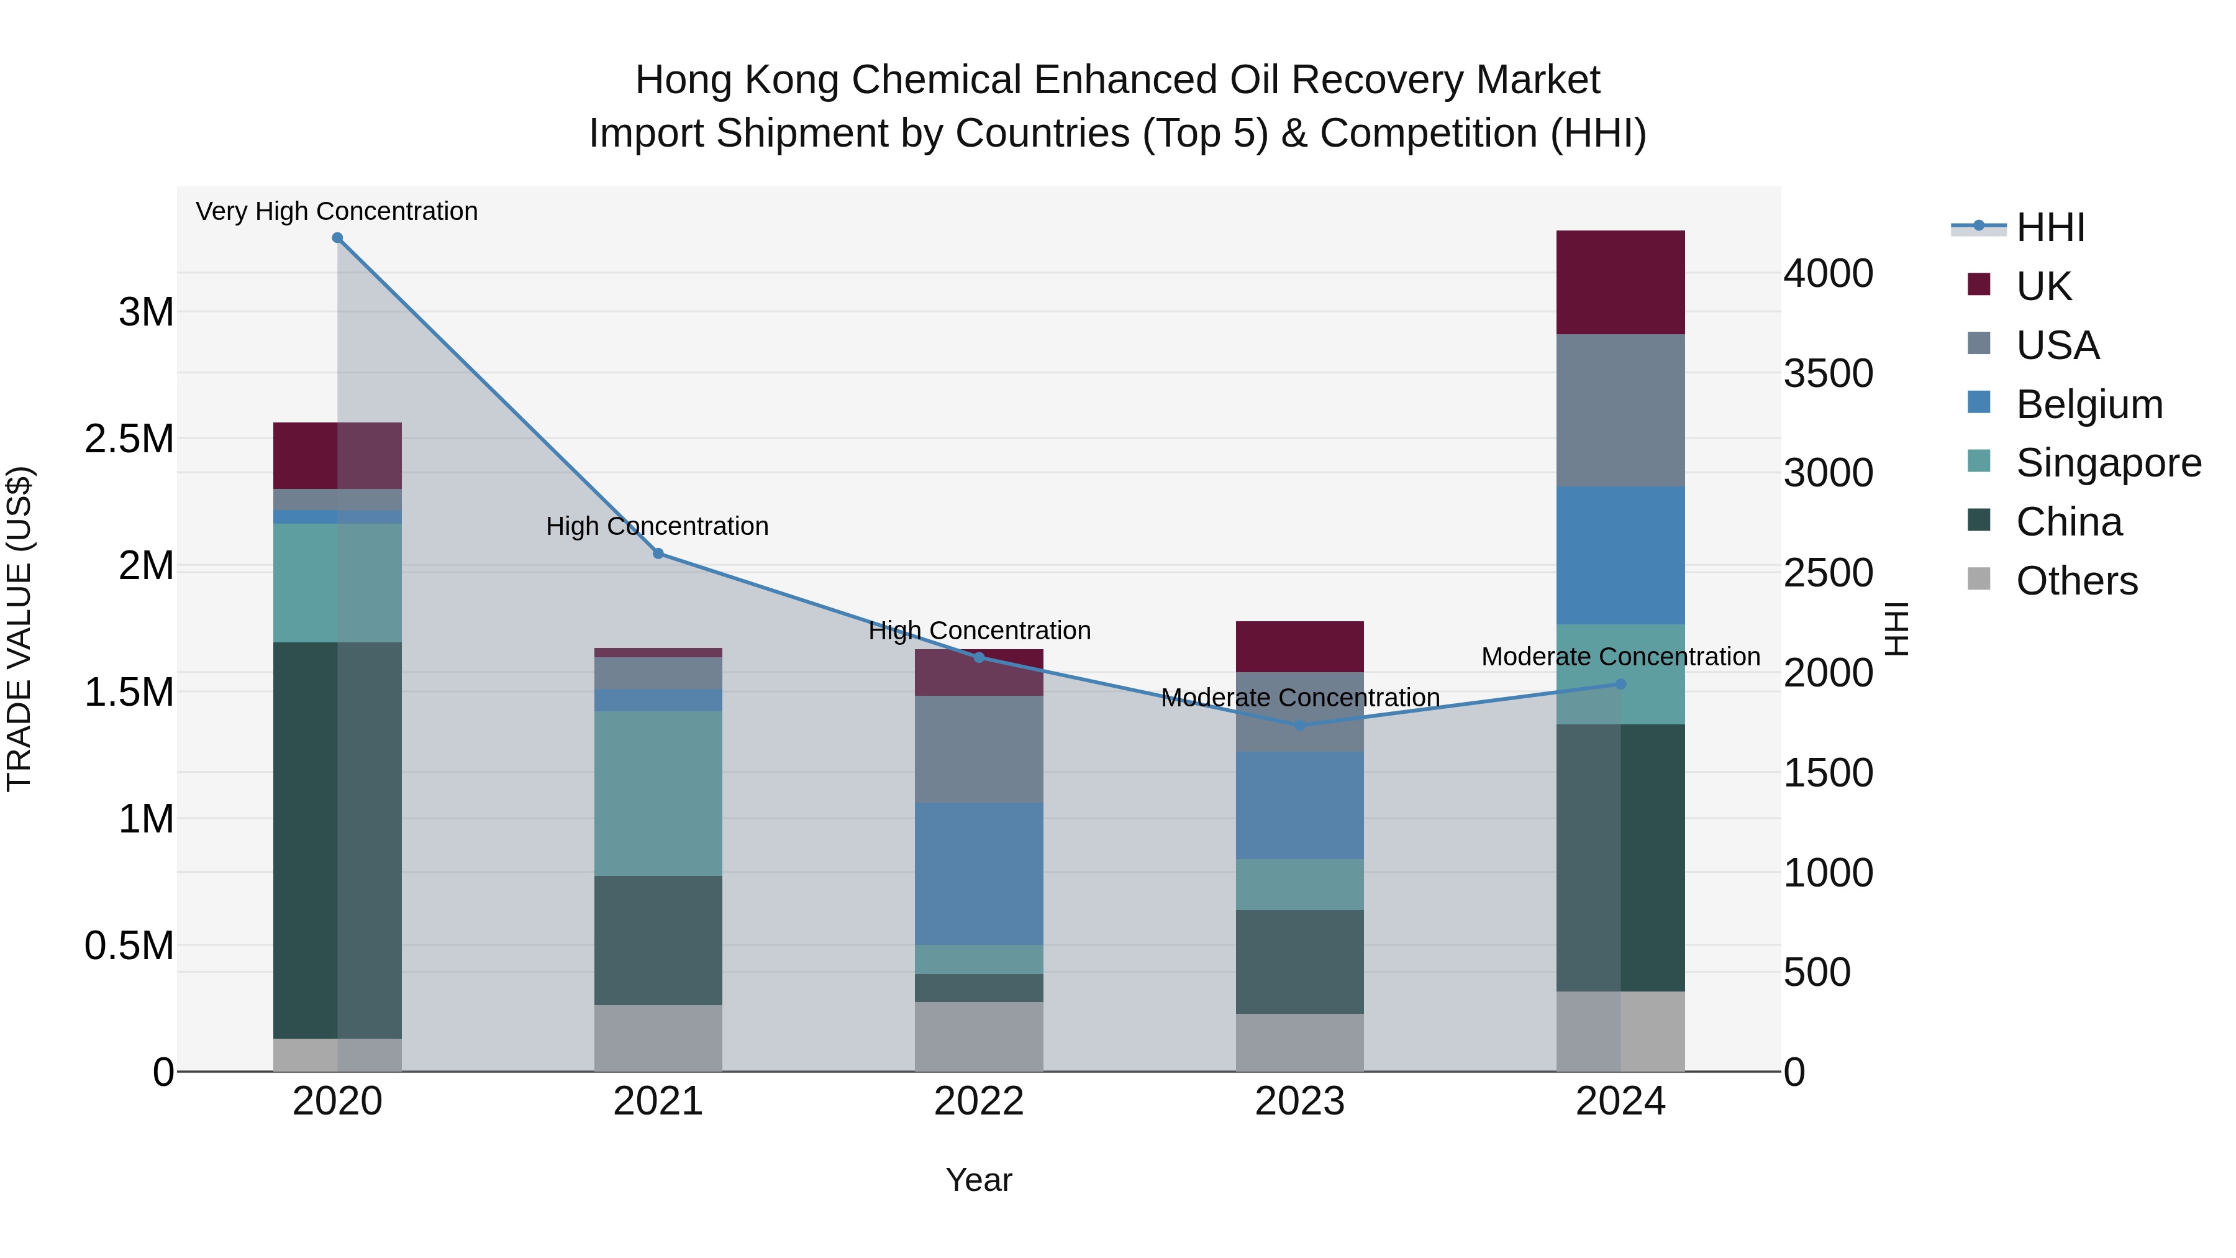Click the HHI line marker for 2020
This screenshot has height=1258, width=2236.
(x=338, y=238)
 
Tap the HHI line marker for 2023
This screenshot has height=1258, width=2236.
(x=1299, y=726)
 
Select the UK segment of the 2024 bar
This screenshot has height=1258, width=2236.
(x=1620, y=282)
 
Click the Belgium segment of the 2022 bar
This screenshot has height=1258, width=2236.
(x=978, y=873)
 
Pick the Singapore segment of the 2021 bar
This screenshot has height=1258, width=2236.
(x=658, y=793)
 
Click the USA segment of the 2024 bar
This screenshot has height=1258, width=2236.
(x=1620, y=410)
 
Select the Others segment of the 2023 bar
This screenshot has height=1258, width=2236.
(x=1299, y=1042)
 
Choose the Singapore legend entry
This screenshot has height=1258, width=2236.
(x=2107, y=463)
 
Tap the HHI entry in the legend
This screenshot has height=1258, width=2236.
(x=2050, y=227)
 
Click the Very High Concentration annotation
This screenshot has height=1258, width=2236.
(x=337, y=212)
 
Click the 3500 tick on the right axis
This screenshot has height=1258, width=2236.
(x=1828, y=374)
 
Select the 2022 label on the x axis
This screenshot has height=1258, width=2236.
(x=978, y=1101)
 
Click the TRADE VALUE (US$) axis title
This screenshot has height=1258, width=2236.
(x=19, y=629)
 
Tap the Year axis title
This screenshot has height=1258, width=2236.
(x=978, y=1180)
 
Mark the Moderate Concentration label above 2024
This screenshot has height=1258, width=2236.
(x=1620, y=657)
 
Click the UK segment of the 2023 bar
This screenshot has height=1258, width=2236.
(x=1299, y=647)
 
